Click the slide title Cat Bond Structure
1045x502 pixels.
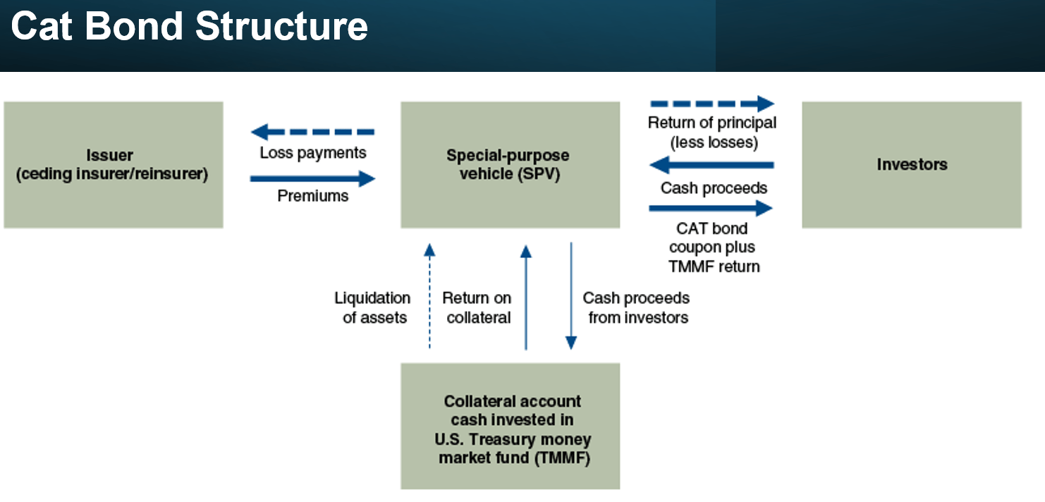(x=189, y=26)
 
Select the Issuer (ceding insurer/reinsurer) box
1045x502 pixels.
(x=114, y=165)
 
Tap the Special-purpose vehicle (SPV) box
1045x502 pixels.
(x=511, y=165)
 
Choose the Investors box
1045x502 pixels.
(x=912, y=165)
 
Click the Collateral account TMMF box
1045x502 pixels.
(x=511, y=426)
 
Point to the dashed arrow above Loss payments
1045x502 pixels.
(x=312, y=132)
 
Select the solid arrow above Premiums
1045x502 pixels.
(x=312, y=178)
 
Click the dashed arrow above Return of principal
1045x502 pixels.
(x=712, y=104)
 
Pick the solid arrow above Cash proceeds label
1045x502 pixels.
(x=712, y=165)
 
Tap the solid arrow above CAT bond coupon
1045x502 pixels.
(x=711, y=208)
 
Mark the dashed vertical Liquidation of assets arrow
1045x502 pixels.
(x=429, y=296)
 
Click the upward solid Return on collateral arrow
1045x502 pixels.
(x=526, y=298)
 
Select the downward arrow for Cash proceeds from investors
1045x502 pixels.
(x=571, y=296)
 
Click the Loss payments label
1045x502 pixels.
(x=312, y=153)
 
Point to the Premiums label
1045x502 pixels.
(x=312, y=196)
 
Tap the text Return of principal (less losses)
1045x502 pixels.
(x=712, y=133)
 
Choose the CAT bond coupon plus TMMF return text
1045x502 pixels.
(x=713, y=247)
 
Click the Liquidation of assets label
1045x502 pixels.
(x=373, y=308)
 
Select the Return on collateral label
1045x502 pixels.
(x=477, y=308)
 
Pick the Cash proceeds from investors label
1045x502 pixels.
(x=636, y=308)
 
